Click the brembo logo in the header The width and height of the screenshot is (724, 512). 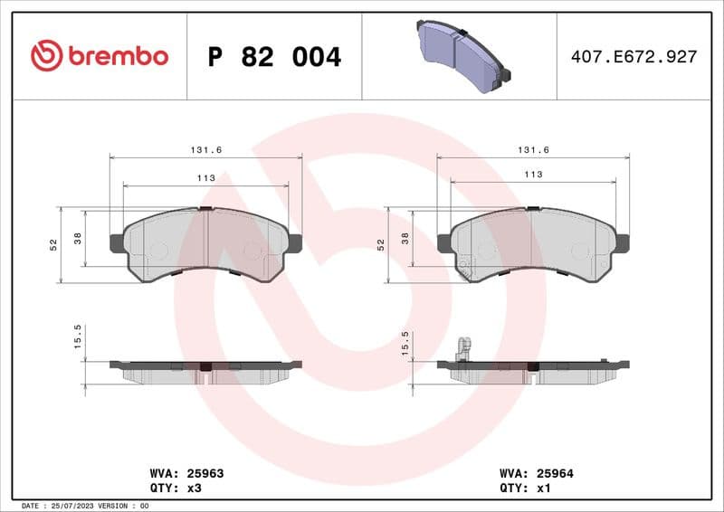[x=99, y=56]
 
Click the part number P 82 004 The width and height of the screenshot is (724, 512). [x=274, y=57]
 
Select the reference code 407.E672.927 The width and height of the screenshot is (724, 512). [x=633, y=57]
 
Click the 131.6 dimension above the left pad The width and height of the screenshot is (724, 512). [x=205, y=150]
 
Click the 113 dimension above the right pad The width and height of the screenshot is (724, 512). [x=533, y=175]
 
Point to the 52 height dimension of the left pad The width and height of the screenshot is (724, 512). [x=53, y=244]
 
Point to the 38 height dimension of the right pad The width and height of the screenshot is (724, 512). [x=405, y=239]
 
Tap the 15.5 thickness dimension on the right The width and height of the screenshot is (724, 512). [x=405, y=341]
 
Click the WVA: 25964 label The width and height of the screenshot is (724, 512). [x=537, y=473]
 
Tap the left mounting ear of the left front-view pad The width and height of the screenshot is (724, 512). [x=117, y=243]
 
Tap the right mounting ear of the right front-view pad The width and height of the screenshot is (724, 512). [x=624, y=243]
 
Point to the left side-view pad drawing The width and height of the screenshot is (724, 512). [x=205, y=370]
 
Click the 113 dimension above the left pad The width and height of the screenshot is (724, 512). [x=205, y=178]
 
